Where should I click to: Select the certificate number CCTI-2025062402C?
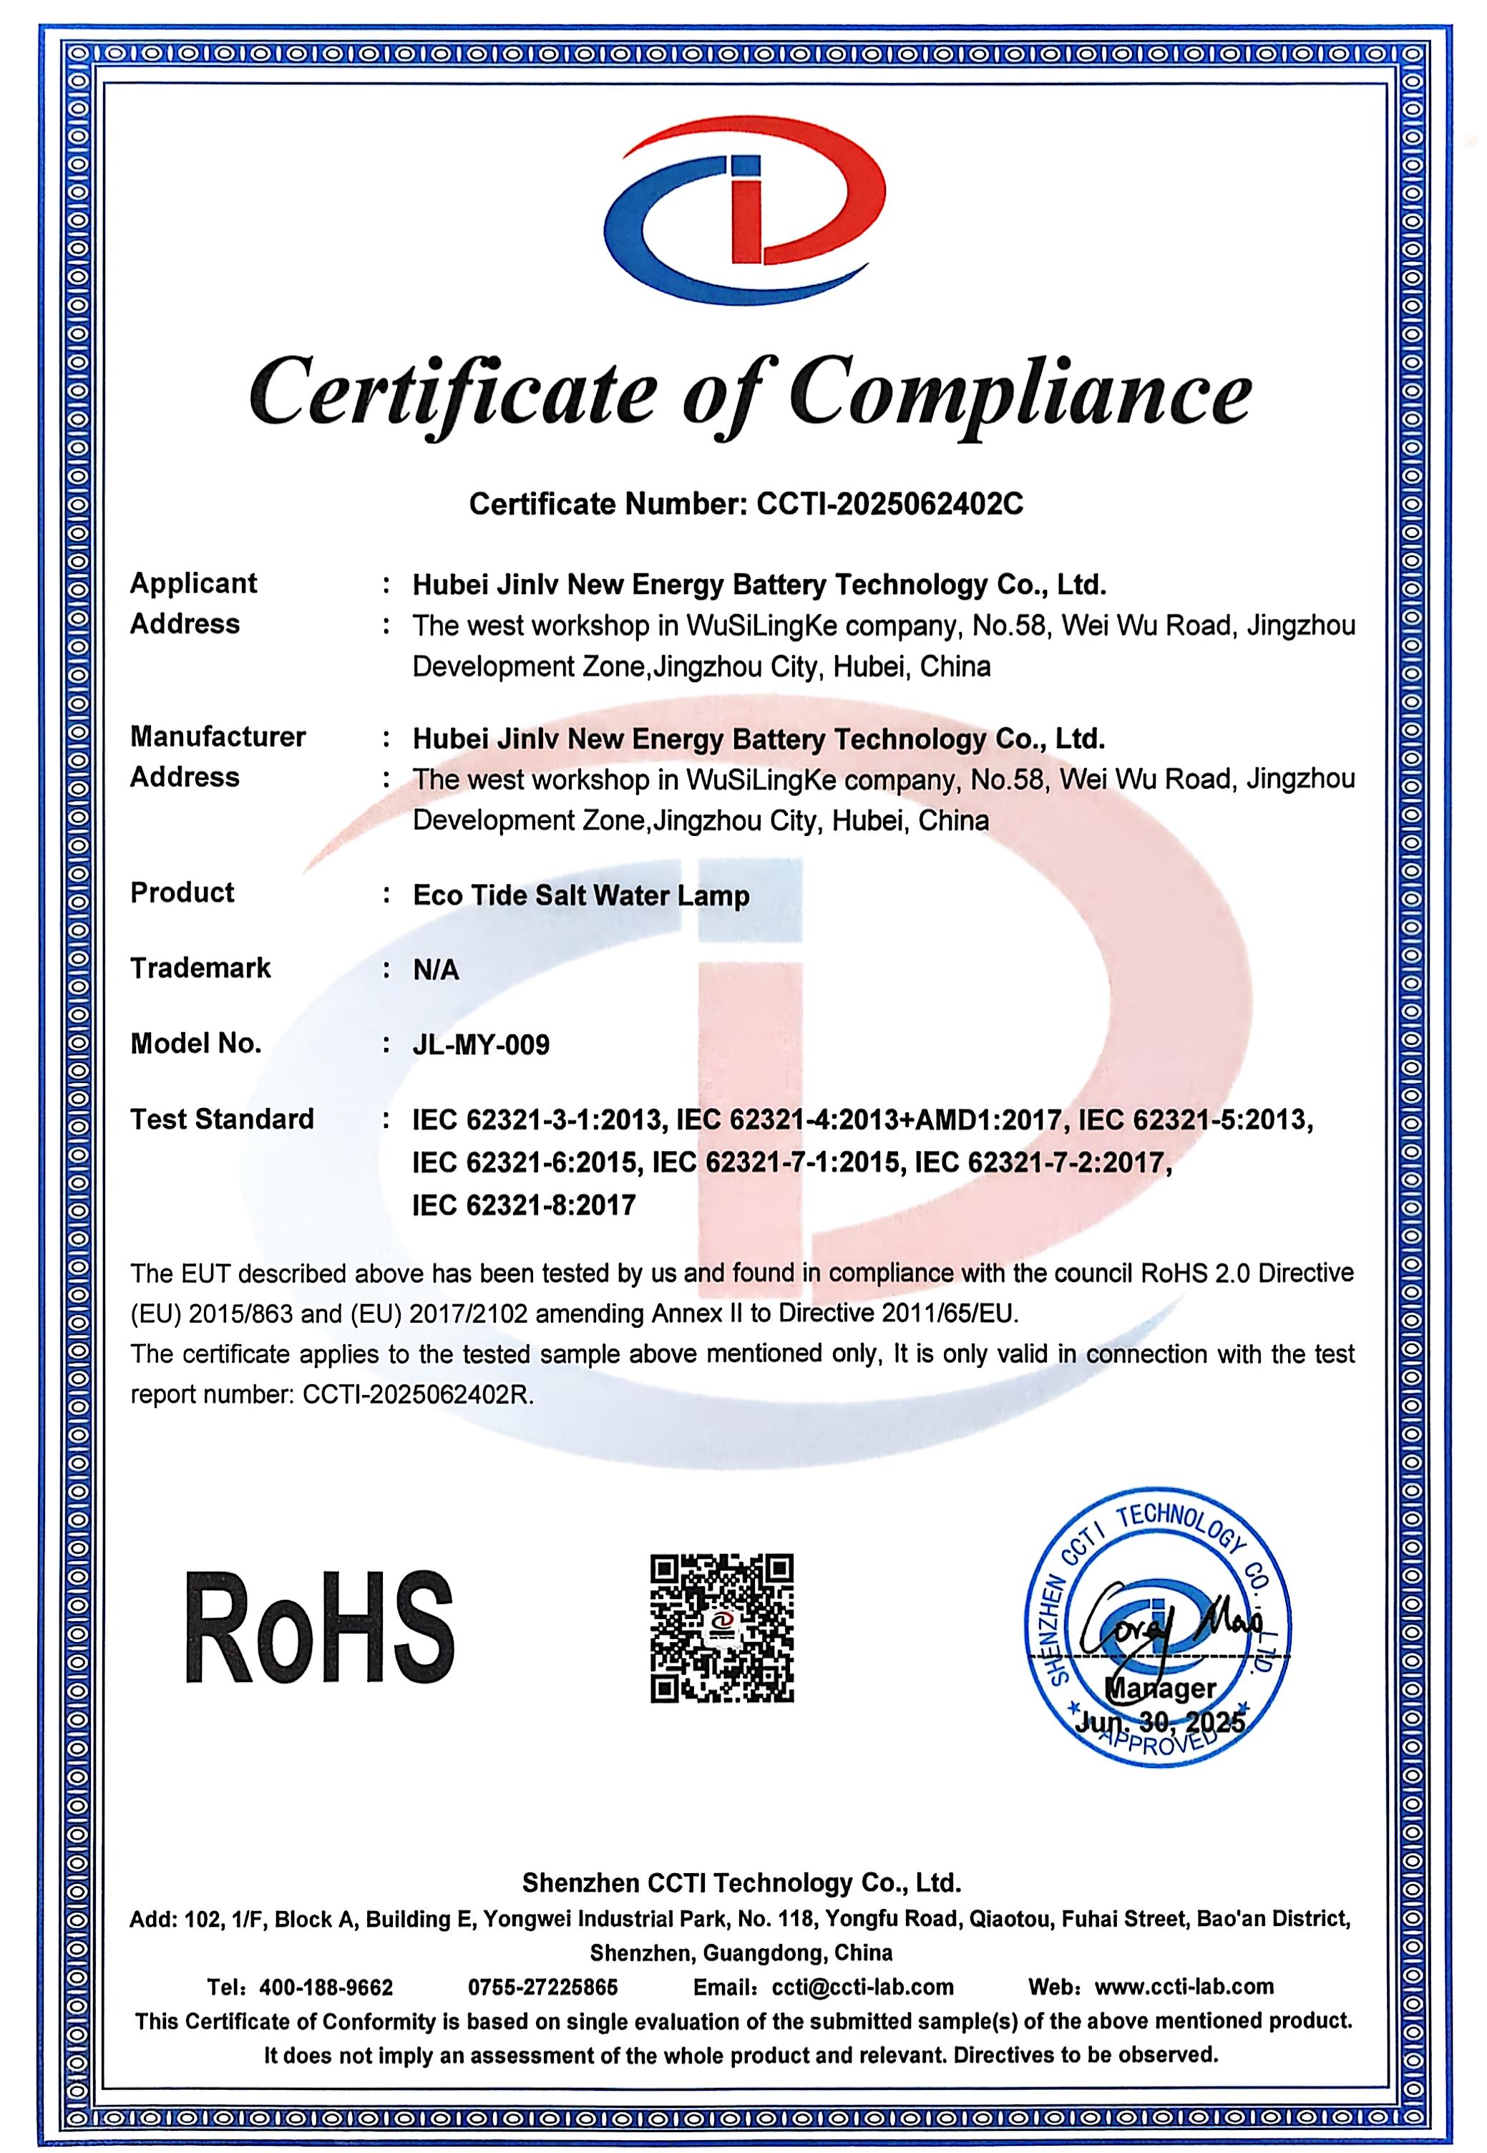(889, 504)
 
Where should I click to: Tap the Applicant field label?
(193, 583)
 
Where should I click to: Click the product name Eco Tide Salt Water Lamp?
(580, 895)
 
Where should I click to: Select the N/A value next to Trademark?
(436, 970)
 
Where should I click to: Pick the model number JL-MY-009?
(481, 1044)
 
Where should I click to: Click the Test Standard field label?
(222, 1119)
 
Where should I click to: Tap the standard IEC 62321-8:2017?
(524, 1205)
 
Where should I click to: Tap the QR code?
(721, 1628)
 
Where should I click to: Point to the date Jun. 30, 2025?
(1159, 1721)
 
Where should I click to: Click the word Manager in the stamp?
(1159, 1688)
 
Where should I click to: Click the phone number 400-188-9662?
(326, 1987)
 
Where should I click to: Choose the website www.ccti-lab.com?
(1184, 1987)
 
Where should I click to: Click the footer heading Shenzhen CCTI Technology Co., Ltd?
(741, 1883)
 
